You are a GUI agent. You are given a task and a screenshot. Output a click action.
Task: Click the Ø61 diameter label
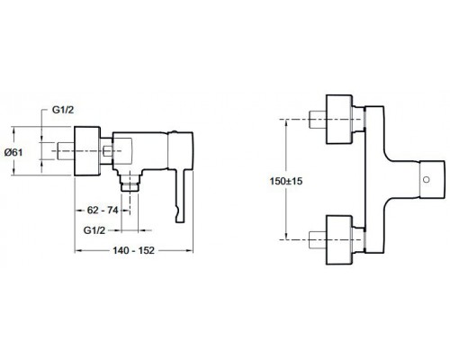pyautogui.click(x=19, y=153)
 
